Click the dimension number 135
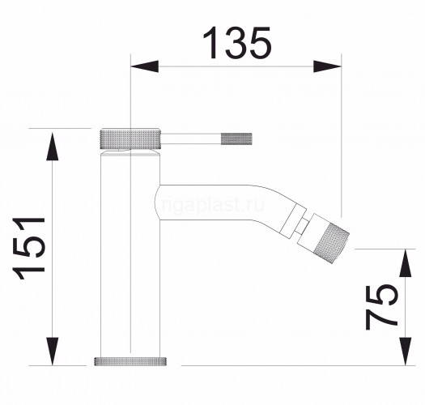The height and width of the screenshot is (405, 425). pos(237,43)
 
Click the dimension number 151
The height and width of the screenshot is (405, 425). pos(28,248)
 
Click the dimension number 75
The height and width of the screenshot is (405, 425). pos(381,306)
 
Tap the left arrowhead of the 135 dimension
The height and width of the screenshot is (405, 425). pos(144,66)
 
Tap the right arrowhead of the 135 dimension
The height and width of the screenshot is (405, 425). pos(327,66)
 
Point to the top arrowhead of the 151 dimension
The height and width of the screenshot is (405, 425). pos(53,147)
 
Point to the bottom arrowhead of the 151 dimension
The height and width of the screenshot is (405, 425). pos(53,352)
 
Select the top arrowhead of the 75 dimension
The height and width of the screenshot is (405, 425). pos(406,263)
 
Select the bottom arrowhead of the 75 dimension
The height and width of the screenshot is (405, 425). pos(406,352)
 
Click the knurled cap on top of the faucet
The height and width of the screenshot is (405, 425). pos(131,139)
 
